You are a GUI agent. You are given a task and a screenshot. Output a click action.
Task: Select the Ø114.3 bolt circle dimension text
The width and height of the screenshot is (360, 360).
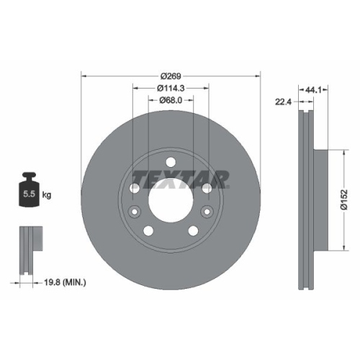[x=171, y=88]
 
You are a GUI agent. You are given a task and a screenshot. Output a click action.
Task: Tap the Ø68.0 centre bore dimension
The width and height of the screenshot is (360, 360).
[x=171, y=100]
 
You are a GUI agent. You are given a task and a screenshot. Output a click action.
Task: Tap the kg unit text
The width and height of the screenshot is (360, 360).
[x=47, y=195]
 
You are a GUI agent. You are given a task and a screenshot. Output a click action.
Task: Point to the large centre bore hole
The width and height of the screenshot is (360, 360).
[x=171, y=196]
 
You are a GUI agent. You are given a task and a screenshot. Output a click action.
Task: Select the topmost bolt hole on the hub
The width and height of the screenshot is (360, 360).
[x=171, y=163]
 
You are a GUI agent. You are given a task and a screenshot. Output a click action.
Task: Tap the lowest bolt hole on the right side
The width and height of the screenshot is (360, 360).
[x=193, y=230]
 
